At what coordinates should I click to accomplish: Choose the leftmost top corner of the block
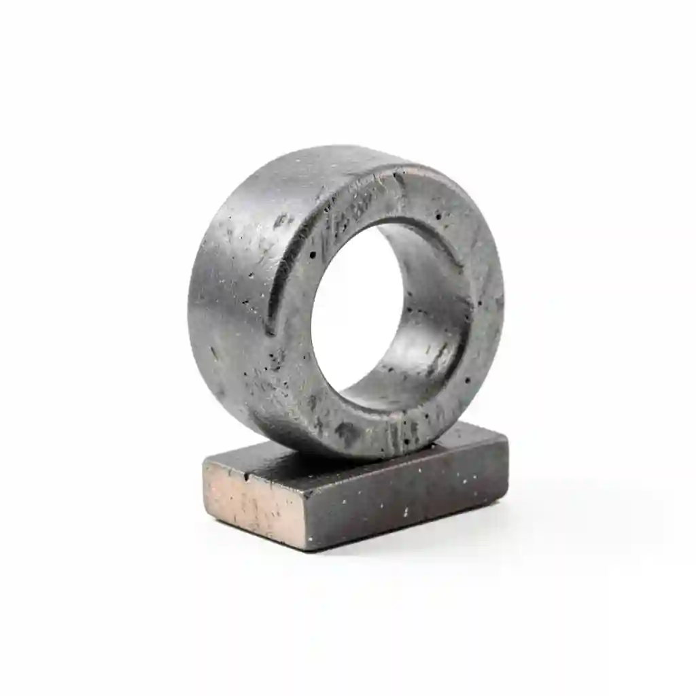tap(204, 463)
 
